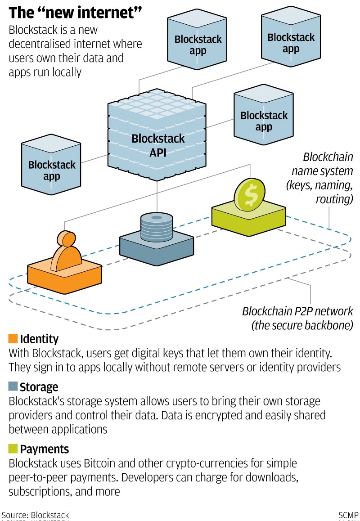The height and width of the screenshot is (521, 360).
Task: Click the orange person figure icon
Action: point(67,251)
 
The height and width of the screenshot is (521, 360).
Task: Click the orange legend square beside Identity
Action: point(13,339)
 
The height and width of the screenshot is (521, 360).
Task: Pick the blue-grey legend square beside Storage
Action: point(13,386)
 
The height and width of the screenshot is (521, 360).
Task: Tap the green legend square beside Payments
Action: point(13,449)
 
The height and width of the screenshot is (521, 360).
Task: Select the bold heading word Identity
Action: point(39,339)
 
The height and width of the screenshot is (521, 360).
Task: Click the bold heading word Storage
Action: point(39,387)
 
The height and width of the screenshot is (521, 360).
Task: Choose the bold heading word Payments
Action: point(45,449)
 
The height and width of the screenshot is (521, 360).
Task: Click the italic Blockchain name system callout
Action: point(322,178)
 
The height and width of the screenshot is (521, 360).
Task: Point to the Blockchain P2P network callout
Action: point(298,318)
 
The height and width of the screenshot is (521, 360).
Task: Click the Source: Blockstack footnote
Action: point(35,515)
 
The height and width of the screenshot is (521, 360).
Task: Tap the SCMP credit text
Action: point(348,515)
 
